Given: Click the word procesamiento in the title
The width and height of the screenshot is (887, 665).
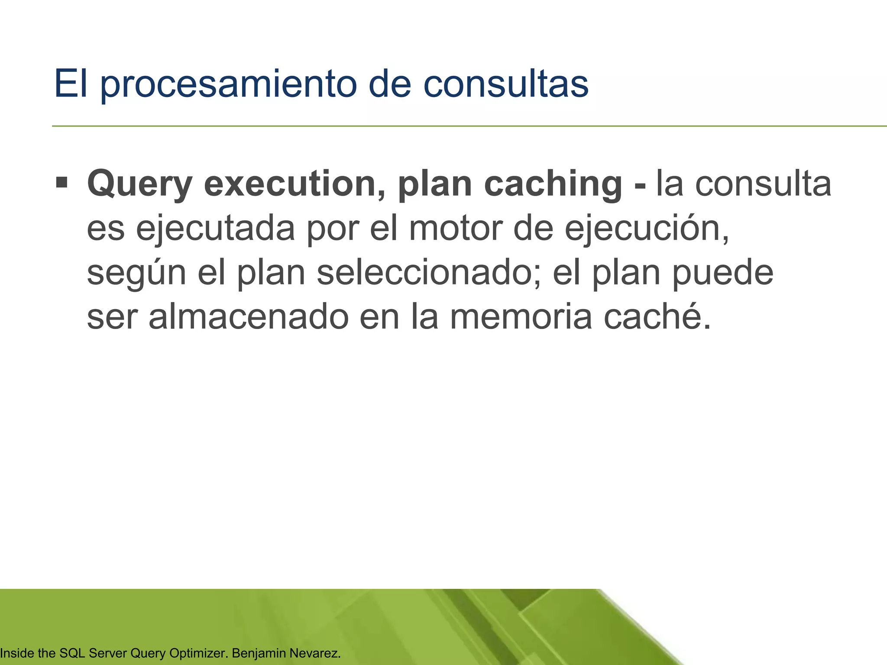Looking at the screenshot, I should [229, 84].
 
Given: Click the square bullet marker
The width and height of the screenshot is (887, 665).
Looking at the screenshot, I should [62, 183].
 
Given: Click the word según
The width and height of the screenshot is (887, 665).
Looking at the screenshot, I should [136, 274].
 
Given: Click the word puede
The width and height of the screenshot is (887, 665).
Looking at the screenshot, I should [723, 274].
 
